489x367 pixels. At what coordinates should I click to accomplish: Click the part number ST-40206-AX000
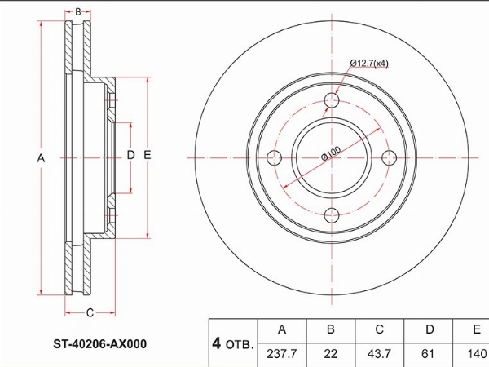(x=99, y=344)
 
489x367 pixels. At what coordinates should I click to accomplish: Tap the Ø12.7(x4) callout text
(x=369, y=64)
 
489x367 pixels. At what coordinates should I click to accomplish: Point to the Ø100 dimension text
(x=331, y=153)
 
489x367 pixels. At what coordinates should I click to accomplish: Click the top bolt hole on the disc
(x=332, y=100)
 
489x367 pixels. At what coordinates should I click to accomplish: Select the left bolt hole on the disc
(x=274, y=157)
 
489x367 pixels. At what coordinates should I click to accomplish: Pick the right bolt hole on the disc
(x=389, y=157)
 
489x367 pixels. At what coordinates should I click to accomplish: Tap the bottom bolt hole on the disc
(x=332, y=215)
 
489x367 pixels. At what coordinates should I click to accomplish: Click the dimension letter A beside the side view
(x=41, y=158)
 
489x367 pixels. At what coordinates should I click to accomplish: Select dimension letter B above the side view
(x=78, y=12)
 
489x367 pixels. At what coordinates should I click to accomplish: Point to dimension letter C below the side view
(x=90, y=312)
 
